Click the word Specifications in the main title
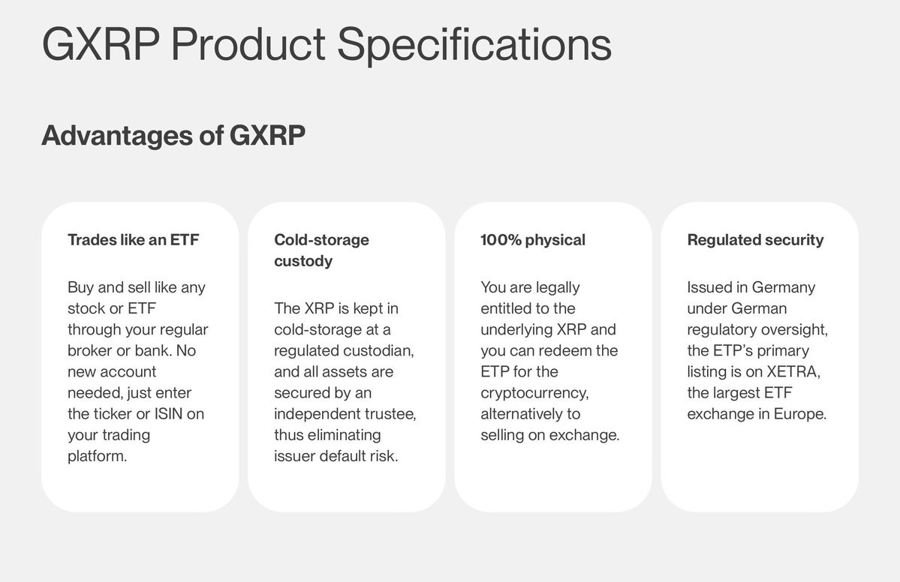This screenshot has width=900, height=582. (x=474, y=45)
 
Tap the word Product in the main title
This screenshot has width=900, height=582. (x=248, y=43)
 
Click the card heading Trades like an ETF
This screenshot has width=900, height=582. (x=133, y=240)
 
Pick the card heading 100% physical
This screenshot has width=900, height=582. (x=533, y=240)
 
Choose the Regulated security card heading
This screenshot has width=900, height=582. (x=755, y=240)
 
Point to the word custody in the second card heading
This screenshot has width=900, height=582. (x=303, y=261)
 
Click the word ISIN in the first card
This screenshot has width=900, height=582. (x=168, y=413)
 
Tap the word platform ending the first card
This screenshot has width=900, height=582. (x=97, y=456)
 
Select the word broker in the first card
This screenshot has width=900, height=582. (x=90, y=350)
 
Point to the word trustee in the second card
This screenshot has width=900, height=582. (x=389, y=413)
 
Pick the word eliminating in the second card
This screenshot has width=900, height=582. (x=345, y=435)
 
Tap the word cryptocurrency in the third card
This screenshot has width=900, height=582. (x=534, y=393)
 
